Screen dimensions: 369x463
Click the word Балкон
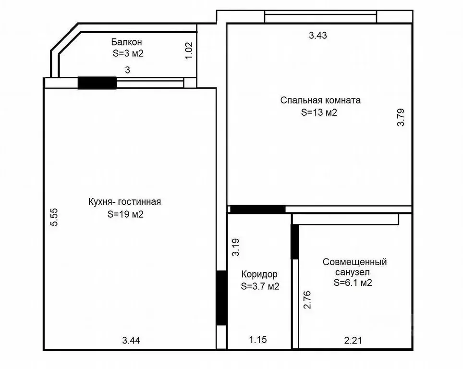pyautogui.click(x=127, y=42)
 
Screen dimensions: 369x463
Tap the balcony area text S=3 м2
pyautogui.click(x=128, y=53)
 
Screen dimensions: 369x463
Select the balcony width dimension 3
pyautogui.click(x=127, y=70)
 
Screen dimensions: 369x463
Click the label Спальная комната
pyautogui.click(x=320, y=101)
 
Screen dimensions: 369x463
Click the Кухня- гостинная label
pyautogui.click(x=124, y=202)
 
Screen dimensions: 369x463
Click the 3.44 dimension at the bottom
pyautogui.click(x=131, y=341)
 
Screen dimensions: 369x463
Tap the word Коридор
pyautogui.click(x=259, y=274)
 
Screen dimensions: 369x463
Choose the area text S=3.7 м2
pyautogui.click(x=260, y=286)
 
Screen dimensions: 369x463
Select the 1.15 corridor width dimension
pyautogui.click(x=257, y=340)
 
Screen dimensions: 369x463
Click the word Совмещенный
pyautogui.click(x=354, y=262)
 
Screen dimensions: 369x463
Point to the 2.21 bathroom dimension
pyautogui.click(x=353, y=341)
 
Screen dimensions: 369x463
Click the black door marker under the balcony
pyautogui.click(x=97, y=83)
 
